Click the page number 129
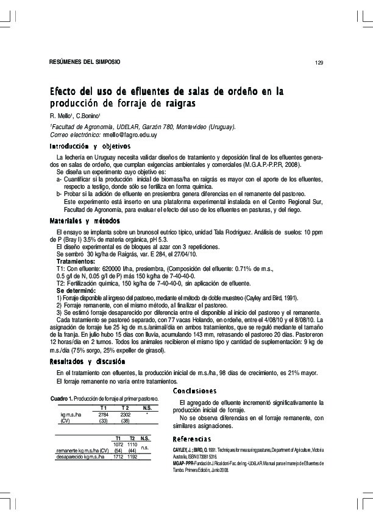pos(318,63)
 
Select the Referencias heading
pos(191,439)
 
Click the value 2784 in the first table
pos(104,414)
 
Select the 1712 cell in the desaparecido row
pos(117,456)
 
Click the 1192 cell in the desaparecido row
pos(132,456)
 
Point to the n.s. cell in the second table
pos(145,447)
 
